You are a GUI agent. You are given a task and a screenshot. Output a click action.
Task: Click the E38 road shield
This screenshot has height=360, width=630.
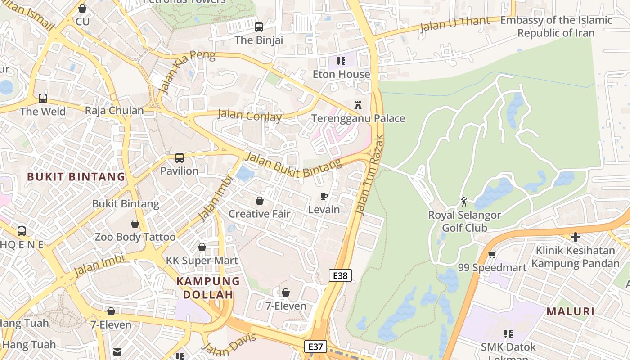(340, 275)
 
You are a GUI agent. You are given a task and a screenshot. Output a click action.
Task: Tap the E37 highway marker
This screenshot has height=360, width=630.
(315, 346)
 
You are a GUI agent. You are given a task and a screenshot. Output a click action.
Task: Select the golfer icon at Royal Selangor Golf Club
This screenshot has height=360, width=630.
(464, 202)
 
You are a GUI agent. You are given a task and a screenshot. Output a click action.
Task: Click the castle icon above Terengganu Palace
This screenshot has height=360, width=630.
(358, 105)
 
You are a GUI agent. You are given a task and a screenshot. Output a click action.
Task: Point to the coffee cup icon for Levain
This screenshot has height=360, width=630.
(324, 196)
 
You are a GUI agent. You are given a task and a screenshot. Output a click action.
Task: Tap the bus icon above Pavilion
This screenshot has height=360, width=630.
(179, 158)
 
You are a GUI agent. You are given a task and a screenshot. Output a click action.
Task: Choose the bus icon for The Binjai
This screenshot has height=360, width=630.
(258, 27)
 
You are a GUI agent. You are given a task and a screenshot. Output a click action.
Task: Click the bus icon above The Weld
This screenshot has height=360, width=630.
(43, 98)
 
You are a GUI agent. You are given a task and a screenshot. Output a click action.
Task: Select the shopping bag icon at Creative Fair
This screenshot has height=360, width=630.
(260, 201)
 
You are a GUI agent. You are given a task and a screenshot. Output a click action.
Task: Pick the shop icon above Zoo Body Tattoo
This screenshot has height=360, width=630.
(135, 224)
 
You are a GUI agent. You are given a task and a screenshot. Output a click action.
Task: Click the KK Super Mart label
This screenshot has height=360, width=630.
(202, 261)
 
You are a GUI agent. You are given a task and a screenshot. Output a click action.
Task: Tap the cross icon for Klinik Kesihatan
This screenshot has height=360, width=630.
(575, 237)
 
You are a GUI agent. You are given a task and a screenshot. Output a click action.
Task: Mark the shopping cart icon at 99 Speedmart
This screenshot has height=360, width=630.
(492, 255)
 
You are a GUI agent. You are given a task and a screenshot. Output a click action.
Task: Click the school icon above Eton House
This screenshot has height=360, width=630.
(341, 61)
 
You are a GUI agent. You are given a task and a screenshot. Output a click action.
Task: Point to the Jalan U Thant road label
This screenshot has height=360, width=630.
(454, 24)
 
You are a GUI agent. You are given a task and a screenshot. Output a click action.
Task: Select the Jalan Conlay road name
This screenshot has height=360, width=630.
(250, 116)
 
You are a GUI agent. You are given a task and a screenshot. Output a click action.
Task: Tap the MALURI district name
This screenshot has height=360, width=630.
(571, 311)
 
